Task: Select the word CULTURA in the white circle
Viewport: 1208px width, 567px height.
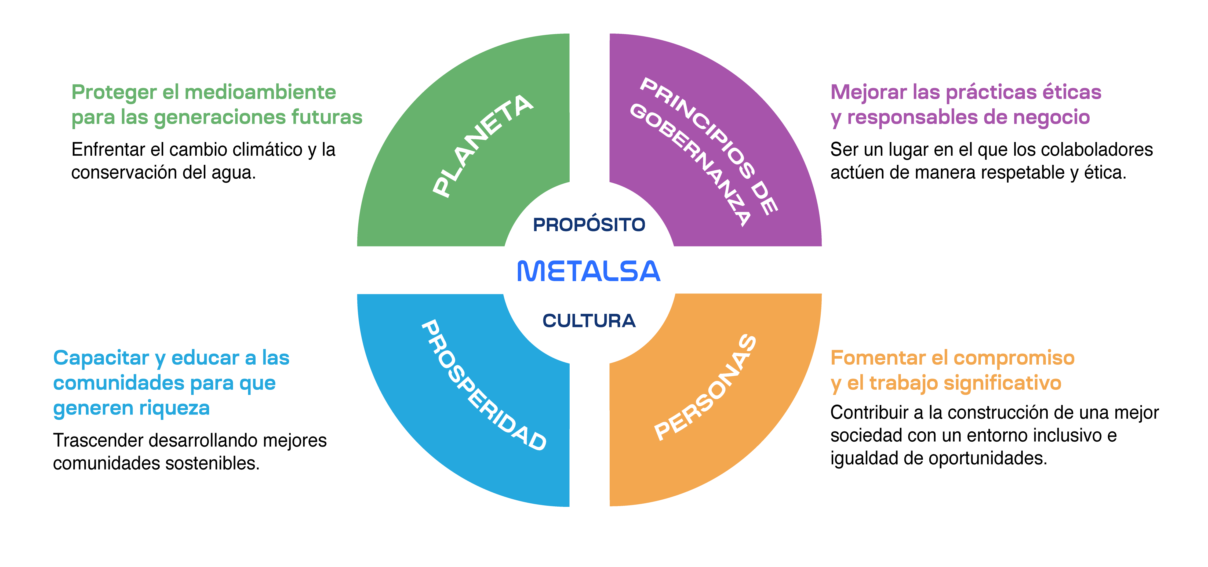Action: click(589, 321)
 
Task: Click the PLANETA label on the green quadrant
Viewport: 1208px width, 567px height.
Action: click(483, 146)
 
